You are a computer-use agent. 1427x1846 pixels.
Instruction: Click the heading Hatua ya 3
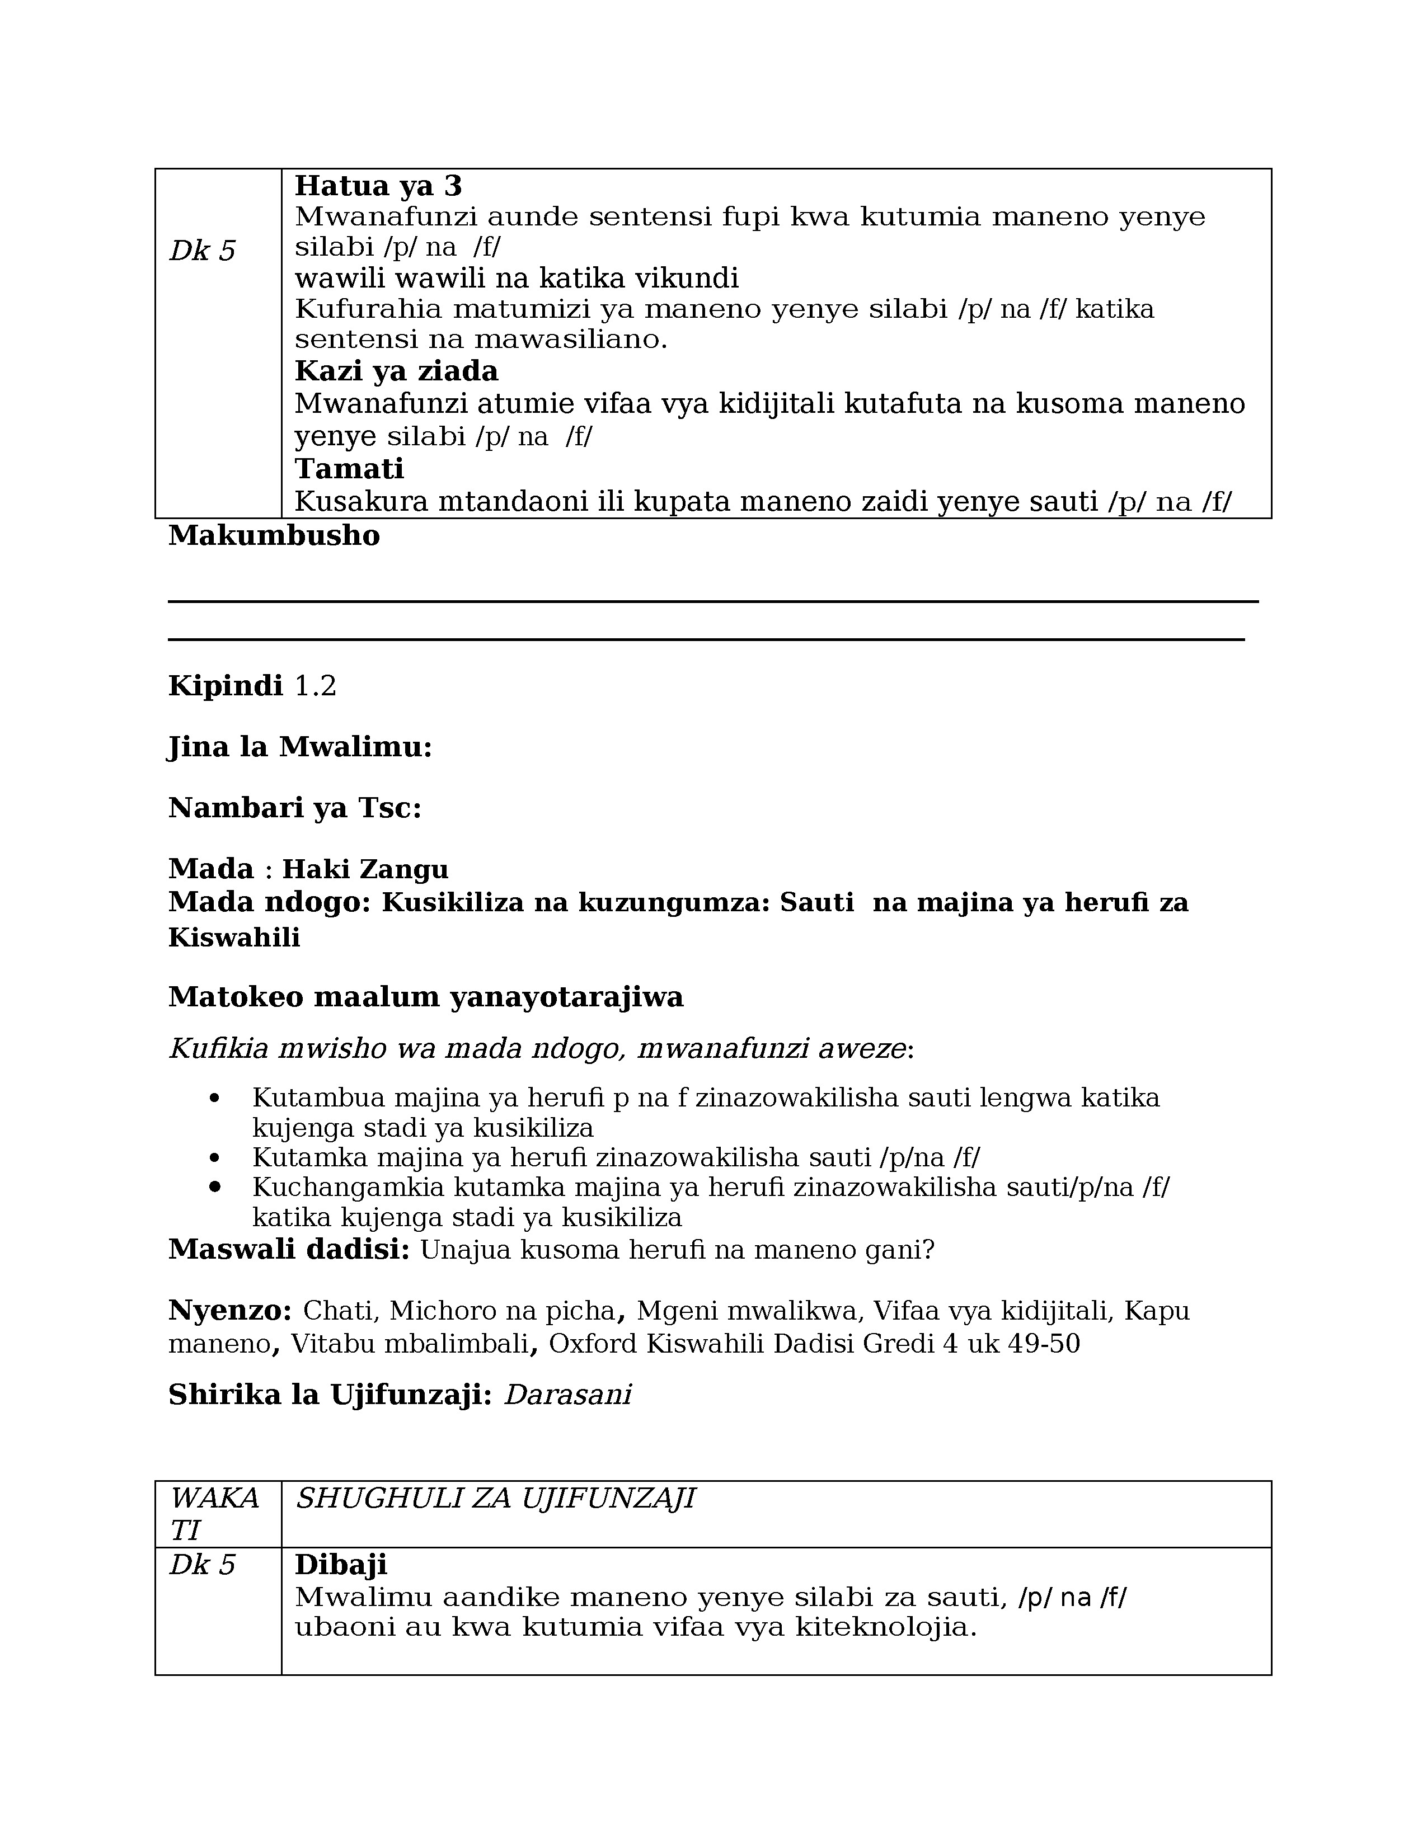[378, 185]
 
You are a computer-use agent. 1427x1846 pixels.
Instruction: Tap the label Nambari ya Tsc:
[294, 808]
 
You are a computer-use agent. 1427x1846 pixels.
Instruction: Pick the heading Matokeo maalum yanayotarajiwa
[425, 997]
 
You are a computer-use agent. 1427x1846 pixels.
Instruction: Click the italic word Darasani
[567, 1395]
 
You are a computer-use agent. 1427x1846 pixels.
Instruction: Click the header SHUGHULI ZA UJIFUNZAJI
[495, 1499]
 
